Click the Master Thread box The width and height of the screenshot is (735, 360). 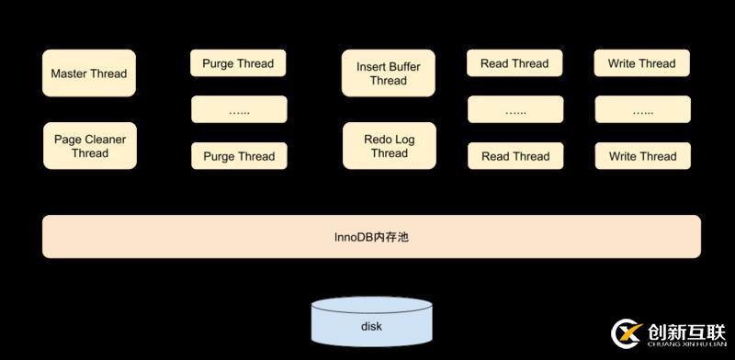(x=89, y=73)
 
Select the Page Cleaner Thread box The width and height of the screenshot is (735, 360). (x=89, y=146)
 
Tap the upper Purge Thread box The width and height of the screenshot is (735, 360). (x=238, y=63)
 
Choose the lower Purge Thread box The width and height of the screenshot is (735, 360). (x=238, y=156)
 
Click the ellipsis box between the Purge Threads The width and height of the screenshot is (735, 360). (x=238, y=110)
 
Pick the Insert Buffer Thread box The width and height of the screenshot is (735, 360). (x=389, y=73)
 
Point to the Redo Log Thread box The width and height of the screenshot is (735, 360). (x=389, y=146)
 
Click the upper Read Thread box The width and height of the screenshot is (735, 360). (x=514, y=63)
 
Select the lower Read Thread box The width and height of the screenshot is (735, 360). (x=514, y=156)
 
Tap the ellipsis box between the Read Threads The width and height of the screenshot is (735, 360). (x=514, y=110)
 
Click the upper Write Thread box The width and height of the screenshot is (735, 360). (x=641, y=63)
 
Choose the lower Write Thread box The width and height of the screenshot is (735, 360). (x=641, y=156)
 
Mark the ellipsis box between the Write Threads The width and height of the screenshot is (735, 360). (x=641, y=110)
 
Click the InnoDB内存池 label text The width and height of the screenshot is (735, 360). (x=371, y=237)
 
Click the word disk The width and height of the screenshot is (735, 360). (x=371, y=327)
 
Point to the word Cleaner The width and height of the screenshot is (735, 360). (x=105, y=140)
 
